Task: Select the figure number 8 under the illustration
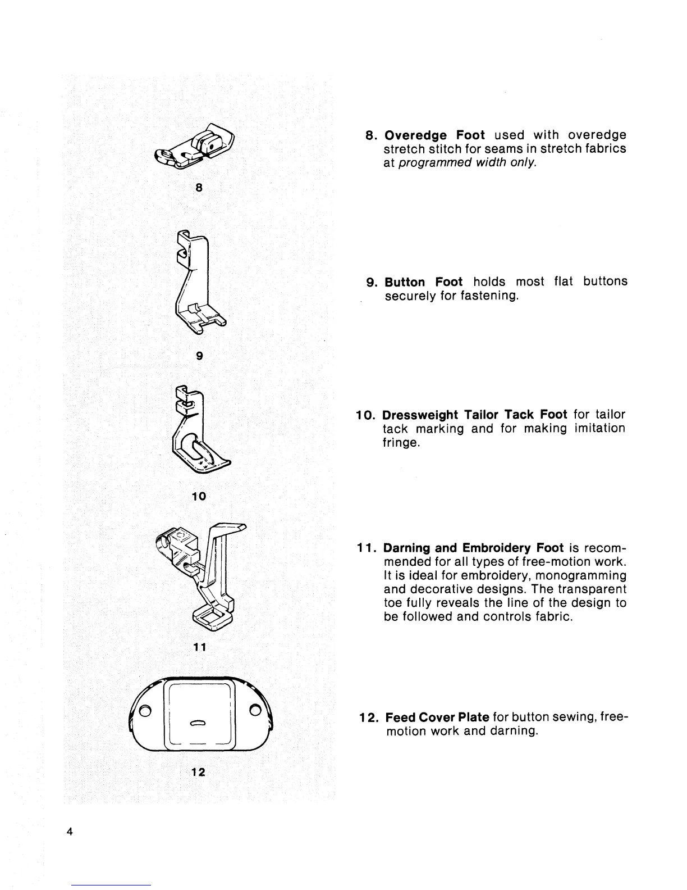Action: click(199, 188)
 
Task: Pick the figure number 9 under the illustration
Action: click(199, 356)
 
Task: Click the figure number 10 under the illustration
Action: click(199, 497)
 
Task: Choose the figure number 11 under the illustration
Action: click(199, 647)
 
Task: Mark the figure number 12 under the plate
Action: click(198, 772)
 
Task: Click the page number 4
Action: click(69, 832)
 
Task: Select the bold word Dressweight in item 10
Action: click(419, 415)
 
